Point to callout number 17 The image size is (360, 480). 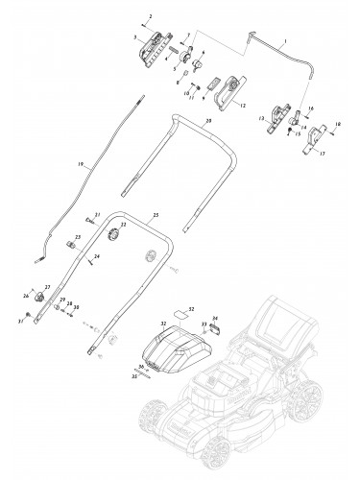[x=321, y=153]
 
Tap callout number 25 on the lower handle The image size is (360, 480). [x=156, y=214]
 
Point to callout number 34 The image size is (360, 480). [x=215, y=317]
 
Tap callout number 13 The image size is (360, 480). [x=261, y=120]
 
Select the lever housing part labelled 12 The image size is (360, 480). [x=227, y=96]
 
